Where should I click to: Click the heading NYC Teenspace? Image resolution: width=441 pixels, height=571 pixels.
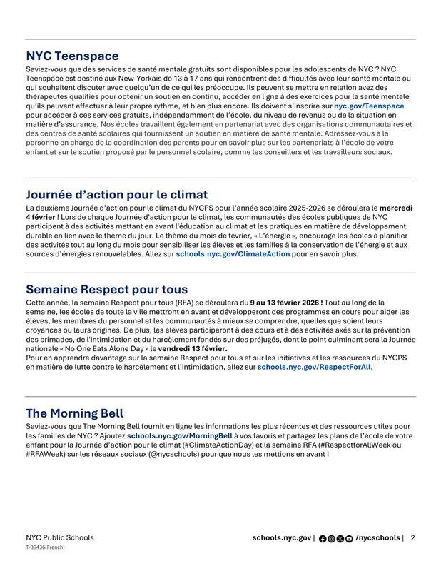tap(72, 56)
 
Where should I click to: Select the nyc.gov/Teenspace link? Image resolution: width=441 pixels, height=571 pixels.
tap(369, 106)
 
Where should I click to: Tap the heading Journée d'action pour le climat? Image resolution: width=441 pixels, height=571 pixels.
tap(116, 194)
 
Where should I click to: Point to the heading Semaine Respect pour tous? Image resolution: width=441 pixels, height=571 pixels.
tap(106, 289)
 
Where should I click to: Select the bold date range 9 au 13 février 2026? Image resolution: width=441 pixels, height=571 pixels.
tap(285, 302)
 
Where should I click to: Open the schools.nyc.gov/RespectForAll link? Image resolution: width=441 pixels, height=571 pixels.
tap(314, 367)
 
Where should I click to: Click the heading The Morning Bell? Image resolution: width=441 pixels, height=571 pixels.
tap(74, 413)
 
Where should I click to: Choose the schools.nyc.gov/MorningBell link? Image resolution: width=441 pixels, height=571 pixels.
tap(180, 435)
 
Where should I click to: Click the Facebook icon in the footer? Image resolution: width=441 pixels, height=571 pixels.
tap(323, 539)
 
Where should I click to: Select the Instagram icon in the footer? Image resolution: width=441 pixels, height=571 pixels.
tap(331, 539)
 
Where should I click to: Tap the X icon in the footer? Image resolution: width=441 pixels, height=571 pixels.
tap(340, 539)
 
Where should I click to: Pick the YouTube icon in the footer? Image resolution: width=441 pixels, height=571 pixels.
tap(348, 539)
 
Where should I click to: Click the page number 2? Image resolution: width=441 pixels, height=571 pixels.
tap(412, 538)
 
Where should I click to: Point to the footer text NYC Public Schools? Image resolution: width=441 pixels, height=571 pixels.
tap(59, 538)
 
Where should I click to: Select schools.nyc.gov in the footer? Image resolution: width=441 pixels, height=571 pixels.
tap(281, 538)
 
